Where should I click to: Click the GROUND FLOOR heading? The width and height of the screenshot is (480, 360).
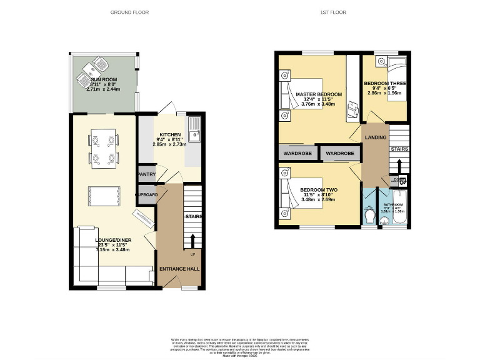(130, 12)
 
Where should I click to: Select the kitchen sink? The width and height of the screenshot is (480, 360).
(194, 127)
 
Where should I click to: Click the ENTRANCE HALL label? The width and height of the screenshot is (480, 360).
(179, 269)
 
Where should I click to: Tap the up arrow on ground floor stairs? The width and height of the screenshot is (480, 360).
(192, 241)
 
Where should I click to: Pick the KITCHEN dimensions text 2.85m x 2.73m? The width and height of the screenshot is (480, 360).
(169, 144)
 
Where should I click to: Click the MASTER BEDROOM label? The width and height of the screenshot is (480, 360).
(319, 94)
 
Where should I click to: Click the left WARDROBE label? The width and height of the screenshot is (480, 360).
(297, 153)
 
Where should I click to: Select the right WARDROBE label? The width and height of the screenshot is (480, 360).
(340, 153)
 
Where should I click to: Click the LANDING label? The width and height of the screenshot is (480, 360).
(376, 137)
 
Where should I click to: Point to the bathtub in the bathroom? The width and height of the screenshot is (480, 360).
(394, 211)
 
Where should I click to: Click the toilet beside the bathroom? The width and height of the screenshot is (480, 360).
(370, 216)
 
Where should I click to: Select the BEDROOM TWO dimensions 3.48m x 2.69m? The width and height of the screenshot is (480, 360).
(318, 200)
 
